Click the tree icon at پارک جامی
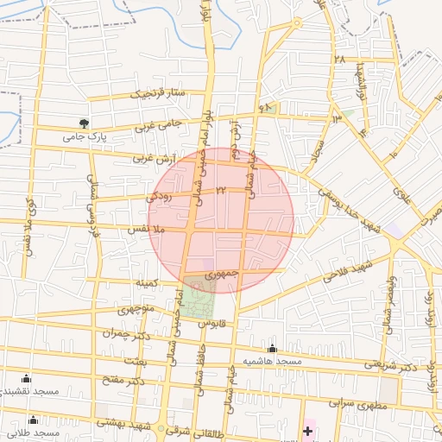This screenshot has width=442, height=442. pos(84,123)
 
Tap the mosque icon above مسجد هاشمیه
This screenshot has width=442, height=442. pos(273,348)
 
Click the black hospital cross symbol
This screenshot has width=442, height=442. pos(307,429)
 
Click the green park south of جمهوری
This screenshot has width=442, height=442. pos(198,300)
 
